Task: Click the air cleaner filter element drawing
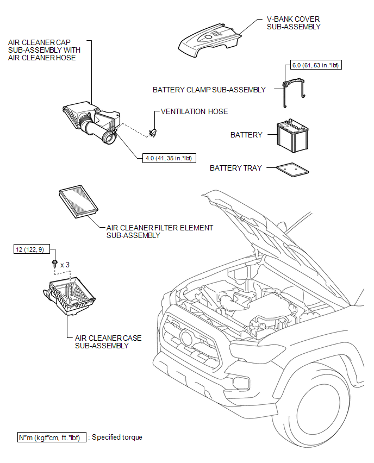point(77,203)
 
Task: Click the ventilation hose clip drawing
point(153,131)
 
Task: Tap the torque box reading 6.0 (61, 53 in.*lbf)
point(315,66)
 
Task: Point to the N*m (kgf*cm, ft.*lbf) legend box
point(51,437)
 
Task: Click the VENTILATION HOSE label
point(195,112)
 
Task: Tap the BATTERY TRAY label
point(235,168)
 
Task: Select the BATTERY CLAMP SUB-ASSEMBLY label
point(209,90)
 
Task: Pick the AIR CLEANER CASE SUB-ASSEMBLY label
point(108,342)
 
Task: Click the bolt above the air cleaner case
point(54,264)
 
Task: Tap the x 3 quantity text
point(65,265)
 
